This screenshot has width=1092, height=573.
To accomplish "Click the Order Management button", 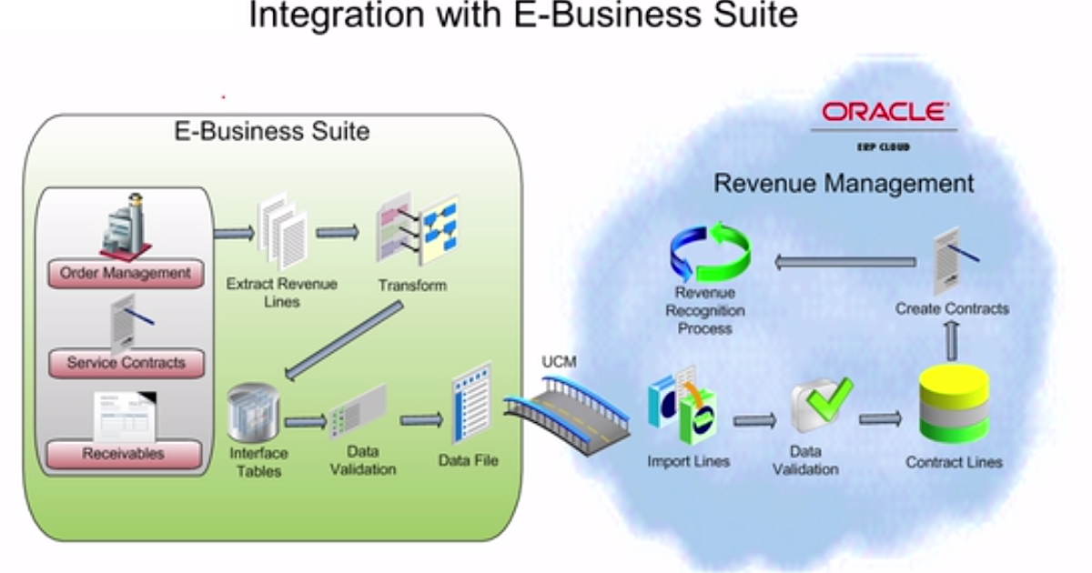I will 126,273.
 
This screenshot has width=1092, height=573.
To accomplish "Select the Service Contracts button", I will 126,363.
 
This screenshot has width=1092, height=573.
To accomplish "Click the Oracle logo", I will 885,113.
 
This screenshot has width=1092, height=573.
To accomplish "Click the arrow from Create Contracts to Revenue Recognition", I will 845,262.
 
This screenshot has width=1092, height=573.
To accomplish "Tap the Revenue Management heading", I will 843,183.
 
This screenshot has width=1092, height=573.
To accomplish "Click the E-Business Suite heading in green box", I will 272,131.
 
